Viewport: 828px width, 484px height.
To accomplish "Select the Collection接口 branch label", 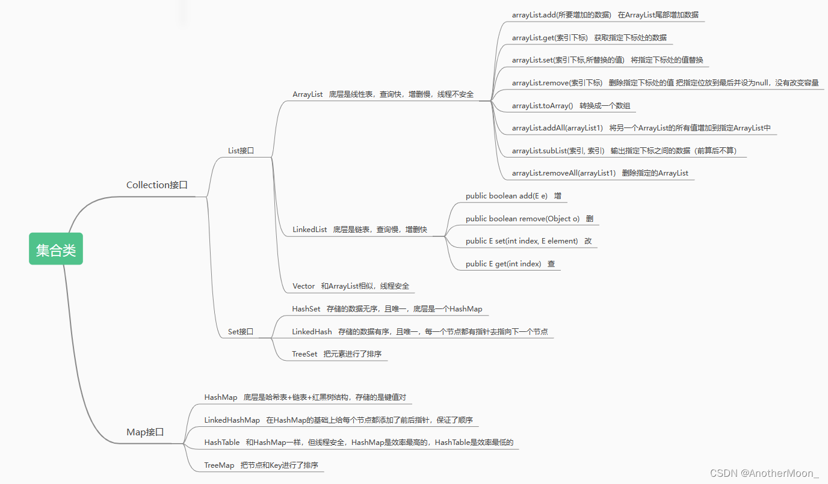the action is [157, 185].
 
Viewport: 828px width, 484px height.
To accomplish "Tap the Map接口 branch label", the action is [145, 432].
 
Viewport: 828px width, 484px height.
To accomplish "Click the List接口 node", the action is [241, 151].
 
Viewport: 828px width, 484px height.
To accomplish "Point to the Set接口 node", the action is [241, 331].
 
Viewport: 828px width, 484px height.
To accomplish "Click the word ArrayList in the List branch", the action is [307, 94].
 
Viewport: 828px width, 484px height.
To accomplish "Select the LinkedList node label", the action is [310, 230].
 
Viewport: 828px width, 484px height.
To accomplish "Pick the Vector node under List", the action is [304, 286].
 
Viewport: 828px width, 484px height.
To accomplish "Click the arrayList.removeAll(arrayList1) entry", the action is [564, 173].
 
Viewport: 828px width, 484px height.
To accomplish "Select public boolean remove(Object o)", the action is [522, 219].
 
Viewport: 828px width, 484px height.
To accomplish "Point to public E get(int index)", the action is [503, 264].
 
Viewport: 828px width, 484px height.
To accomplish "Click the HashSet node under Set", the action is [306, 309].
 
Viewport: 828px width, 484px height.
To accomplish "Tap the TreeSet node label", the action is [304, 354].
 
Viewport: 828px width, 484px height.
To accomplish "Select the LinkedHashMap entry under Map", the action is [232, 420].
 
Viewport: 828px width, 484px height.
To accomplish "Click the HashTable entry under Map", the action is [222, 443].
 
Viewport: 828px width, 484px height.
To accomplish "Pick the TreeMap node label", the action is [219, 465].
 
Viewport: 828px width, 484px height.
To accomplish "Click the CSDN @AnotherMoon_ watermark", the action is [764, 473].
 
